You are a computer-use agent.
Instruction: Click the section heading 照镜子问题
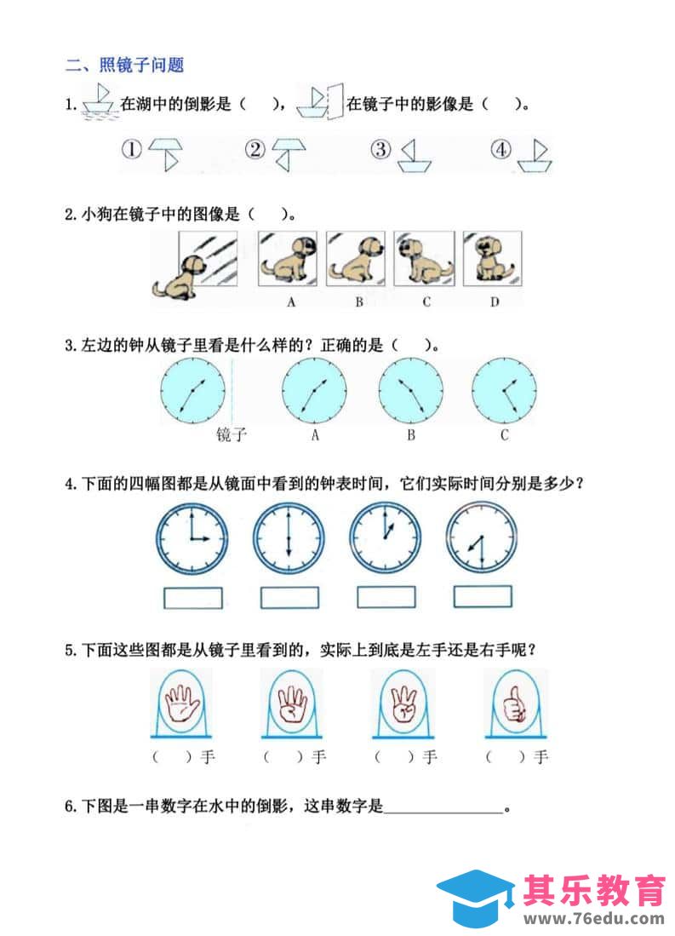pyautogui.click(x=141, y=65)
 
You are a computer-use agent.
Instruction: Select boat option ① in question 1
pyautogui.click(x=166, y=154)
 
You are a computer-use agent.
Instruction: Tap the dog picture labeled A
pyautogui.click(x=288, y=259)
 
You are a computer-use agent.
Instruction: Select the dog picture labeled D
pyautogui.click(x=492, y=259)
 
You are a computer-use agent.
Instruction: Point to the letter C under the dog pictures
pyautogui.click(x=426, y=301)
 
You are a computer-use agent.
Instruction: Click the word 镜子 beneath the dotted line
pyautogui.click(x=231, y=434)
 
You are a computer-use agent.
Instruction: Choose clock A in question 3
pyautogui.click(x=314, y=391)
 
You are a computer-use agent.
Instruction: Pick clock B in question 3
pyautogui.click(x=411, y=391)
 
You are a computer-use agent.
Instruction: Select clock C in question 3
pyautogui.click(x=504, y=391)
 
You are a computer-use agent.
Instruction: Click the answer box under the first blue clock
pyautogui.click(x=192, y=598)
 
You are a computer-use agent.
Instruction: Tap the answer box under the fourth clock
pyautogui.click(x=483, y=597)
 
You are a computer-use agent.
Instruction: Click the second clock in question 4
pyautogui.click(x=289, y=539)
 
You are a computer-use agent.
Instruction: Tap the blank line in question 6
pyautogui.click(x=443, y=813)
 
